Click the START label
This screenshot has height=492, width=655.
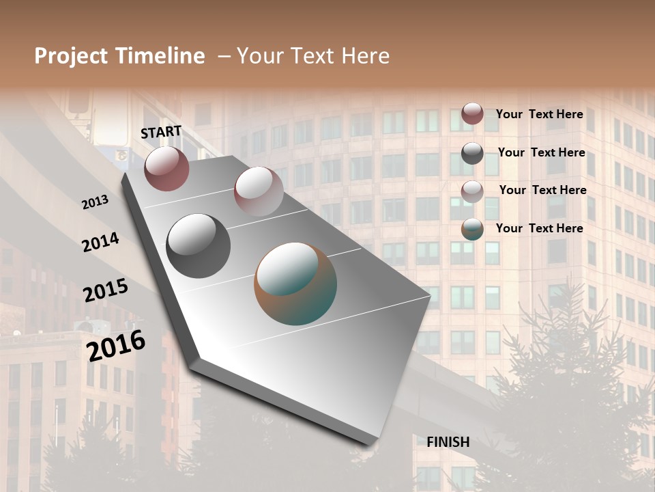pos(161,132)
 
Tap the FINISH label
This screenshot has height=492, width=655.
pos(448,442)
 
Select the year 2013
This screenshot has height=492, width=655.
pos(95,202)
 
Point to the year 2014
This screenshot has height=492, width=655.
pos(100,242)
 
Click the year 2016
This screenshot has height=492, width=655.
pos(116,345)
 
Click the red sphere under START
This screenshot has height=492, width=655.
pos(166,168)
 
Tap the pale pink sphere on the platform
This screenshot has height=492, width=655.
pos(259,191)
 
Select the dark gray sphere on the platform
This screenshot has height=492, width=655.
pos(199,246)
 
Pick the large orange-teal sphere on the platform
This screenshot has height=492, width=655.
pos(295,284)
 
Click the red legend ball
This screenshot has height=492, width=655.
pos(472,113)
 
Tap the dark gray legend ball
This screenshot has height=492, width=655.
pos(472,153)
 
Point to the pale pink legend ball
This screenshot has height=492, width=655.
pos(472,191)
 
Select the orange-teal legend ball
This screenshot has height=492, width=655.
pos(472,229)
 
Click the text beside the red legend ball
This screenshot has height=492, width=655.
pos(539,114)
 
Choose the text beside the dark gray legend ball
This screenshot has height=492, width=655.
pos(541,152)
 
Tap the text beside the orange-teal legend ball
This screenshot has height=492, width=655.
pos(539,228)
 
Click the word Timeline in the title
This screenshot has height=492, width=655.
pos(160,56)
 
